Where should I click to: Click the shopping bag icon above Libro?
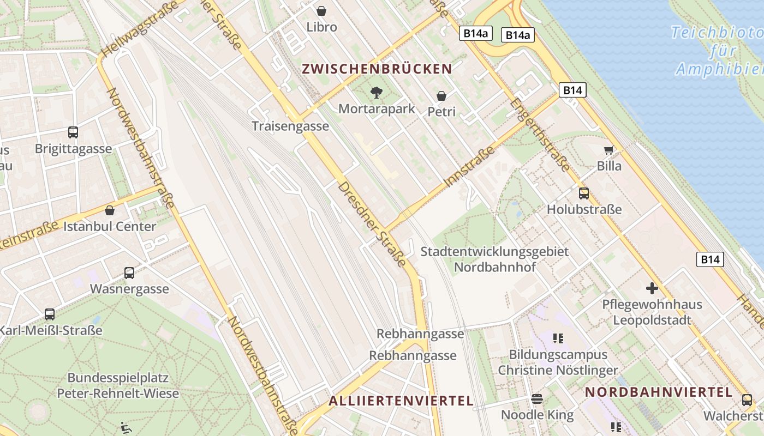tap(321, 11)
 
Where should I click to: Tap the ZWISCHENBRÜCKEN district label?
tap(377, 69)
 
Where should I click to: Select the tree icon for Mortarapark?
tap(376, 93)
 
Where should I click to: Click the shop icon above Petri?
tap(441, 96)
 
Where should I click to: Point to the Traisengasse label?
tap(290, 126)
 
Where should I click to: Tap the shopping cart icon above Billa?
tap(608, 150)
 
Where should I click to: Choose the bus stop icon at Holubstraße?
tap(584, 193)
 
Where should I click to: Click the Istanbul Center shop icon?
tap(110, 210)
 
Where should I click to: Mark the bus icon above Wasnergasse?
tap(129, 273)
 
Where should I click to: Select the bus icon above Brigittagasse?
tap(73, 132)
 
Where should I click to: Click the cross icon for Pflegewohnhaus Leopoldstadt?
tap(652, 288)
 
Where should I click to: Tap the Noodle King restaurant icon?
tap(537, 399)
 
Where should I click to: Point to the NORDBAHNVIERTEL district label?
tap(658, 392)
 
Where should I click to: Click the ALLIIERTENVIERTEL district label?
tap(401, 401)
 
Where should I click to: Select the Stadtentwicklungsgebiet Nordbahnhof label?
tap(494, 259)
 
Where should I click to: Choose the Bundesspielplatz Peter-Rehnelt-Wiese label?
tap(118, 385)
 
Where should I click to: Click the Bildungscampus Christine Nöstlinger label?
tap(558, 362)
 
